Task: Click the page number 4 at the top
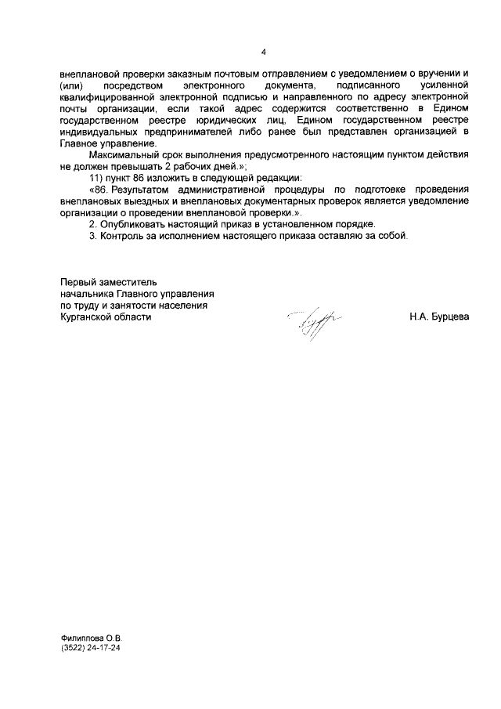(x=264, y=52)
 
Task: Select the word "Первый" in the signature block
(x=77, y=281)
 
